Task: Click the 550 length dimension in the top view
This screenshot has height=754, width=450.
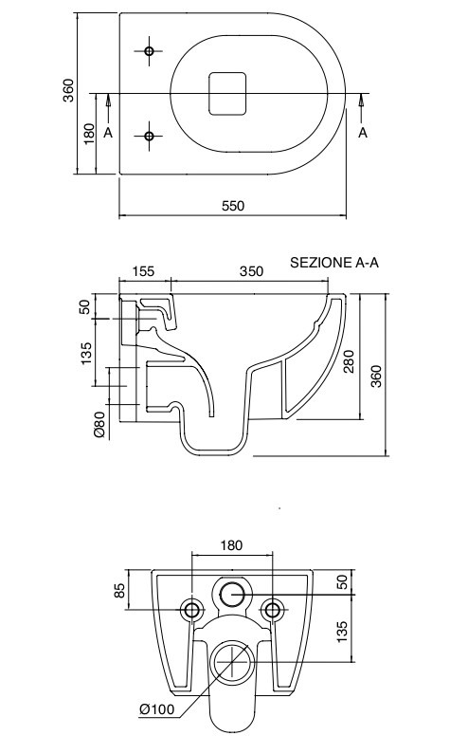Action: [x=233, y=208]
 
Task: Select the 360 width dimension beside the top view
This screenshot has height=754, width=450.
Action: [x=69, y=91]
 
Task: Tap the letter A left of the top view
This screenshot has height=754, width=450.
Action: [x=109, y=133]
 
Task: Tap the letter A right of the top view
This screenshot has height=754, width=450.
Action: [x=363, y=133]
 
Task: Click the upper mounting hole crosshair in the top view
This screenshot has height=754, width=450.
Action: [x=149, y=51]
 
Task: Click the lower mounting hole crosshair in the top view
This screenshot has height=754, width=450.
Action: [x=149, y=137]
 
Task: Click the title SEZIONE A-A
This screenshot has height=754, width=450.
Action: [x=333, y=263]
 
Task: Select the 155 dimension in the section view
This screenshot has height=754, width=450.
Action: [x=143, y=271]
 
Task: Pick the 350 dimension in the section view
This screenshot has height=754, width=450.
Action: [x=250, y=271]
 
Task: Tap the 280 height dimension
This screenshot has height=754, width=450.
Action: [x=350, y=361]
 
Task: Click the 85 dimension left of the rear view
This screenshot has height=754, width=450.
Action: [x=120, y=590]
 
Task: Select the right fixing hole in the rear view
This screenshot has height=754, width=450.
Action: [x=273, y=608]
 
